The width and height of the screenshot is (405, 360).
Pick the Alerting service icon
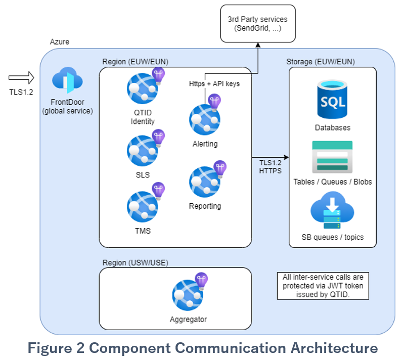click(x=204, y=119)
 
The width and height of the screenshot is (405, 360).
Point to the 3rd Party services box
click(x=258, y=23)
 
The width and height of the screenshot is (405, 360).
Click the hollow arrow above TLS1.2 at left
click(x=21, y=77)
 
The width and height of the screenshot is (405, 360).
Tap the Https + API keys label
click(x=214, y=83)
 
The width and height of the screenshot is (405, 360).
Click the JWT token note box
click(x=323, y=287)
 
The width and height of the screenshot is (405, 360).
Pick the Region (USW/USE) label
click(x=135, y=263)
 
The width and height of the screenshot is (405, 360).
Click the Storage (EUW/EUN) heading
click(x=320, y=62)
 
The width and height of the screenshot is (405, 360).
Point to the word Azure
click(x=60, y=41)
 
